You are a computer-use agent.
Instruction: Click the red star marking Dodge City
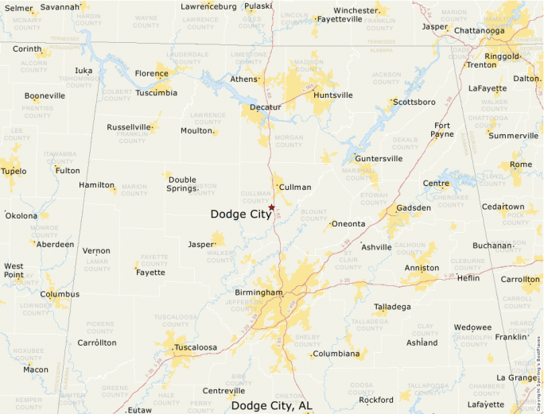point(271,207)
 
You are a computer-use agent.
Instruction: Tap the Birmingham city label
point(258,292)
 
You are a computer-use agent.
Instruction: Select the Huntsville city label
point(333,95)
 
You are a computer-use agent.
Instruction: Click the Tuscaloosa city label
point(196,347)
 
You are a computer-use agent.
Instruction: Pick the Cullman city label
point(295,187)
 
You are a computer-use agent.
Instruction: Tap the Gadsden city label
point(414,207)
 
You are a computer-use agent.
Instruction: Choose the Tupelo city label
point(14,171)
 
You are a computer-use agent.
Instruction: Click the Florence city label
point(151,74)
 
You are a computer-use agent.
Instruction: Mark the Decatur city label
point(266,106)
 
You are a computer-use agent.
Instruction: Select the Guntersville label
point(379,158)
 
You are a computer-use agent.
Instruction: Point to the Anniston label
point(422,268)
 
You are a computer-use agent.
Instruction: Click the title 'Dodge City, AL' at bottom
point(271,405)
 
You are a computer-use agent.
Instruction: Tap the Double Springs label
point(182,184)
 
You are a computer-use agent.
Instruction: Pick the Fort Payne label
point(443,130)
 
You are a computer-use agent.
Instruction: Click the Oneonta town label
point(348,223)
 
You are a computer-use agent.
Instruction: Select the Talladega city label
point(393,306)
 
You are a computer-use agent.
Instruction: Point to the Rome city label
point(521,164)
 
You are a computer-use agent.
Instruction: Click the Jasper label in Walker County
point(201,244)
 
